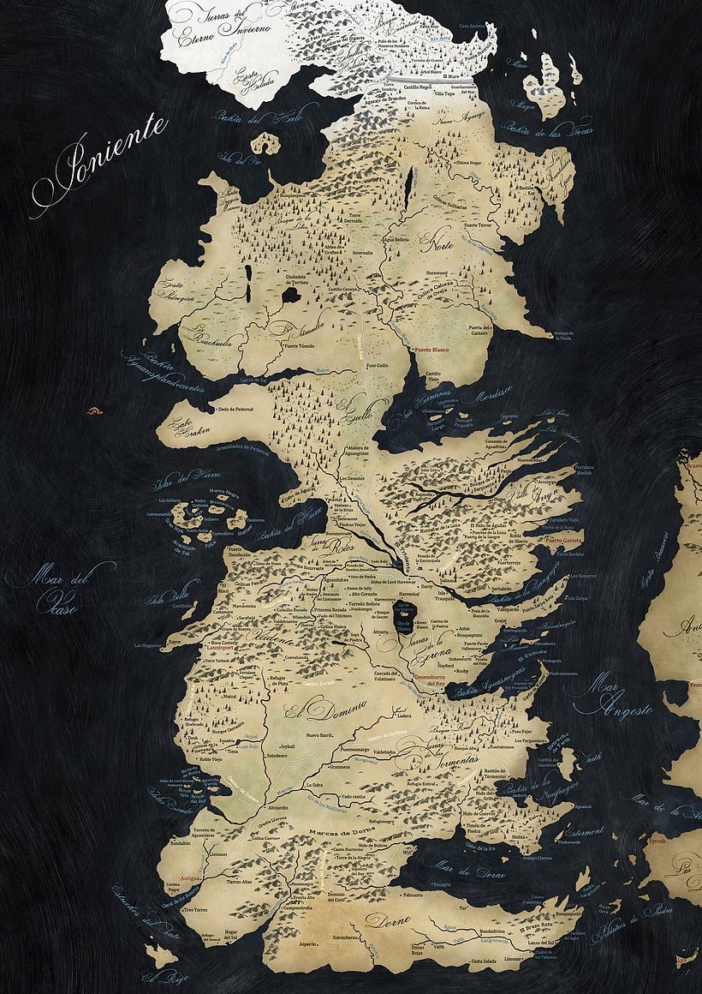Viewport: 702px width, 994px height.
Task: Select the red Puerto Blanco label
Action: point(432,350)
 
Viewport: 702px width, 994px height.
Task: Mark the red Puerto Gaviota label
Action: point(564,541)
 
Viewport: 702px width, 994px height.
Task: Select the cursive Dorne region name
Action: point(390,920)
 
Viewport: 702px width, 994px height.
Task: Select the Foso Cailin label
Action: point(378,366)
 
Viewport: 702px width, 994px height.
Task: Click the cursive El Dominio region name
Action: point(321,710)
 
